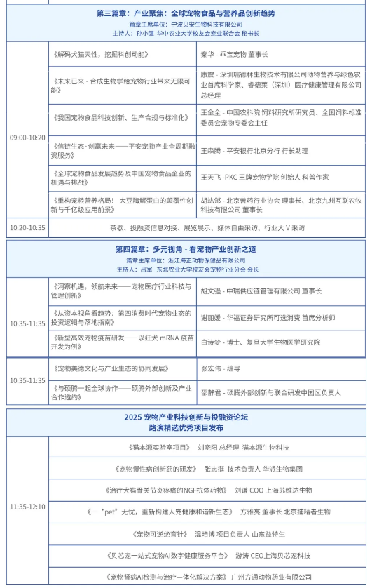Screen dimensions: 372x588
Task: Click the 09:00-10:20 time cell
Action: tap(27, 138)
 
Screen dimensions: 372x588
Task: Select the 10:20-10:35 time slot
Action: tap(27, 228)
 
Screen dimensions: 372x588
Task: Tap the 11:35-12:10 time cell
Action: tap(27, 506)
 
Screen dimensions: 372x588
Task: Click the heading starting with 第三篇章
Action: tap(186, 13)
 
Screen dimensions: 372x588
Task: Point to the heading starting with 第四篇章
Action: tap(186, 249)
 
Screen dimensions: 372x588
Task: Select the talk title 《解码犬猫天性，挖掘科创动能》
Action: tap(101, 54)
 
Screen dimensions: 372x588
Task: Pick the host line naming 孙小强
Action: tap(186, 33)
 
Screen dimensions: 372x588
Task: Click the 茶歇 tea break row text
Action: tap(207, 228)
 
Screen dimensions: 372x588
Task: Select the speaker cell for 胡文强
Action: tap(261, 290)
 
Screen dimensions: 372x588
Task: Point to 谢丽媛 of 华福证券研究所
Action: tap(269, 317)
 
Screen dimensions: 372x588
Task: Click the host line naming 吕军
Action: tap(186, 269)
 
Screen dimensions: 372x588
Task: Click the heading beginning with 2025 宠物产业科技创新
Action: tap(186, 417)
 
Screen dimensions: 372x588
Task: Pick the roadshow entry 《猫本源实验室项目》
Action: tap(160, 447)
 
